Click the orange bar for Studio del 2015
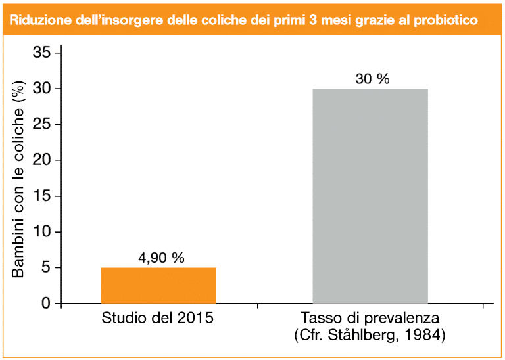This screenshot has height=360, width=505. click(158, 286)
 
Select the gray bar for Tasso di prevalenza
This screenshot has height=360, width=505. click(370, 196)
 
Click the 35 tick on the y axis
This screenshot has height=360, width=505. click(42, 53)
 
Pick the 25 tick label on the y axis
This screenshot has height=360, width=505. click(42, 124)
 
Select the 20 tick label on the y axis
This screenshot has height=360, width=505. click(42, 160)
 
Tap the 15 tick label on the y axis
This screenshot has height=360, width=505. click(42, 196)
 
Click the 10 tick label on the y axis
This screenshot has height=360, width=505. click(42, 232)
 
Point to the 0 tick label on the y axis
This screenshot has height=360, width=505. click(47, 304)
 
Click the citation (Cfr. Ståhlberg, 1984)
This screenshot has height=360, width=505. click(370, 336)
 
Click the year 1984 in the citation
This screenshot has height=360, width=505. click(427, 336)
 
